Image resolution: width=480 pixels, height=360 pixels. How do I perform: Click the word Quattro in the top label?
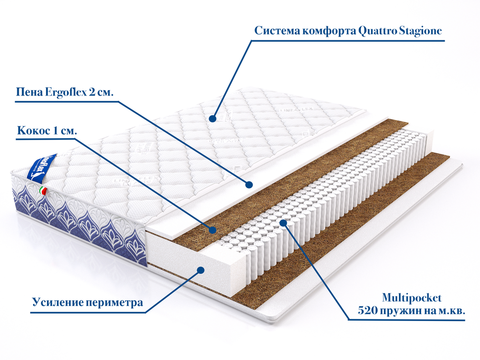377,31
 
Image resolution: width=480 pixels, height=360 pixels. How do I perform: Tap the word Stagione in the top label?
420,31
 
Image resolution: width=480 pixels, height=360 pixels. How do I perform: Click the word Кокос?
32,131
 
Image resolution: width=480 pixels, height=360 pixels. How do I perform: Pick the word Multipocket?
412,298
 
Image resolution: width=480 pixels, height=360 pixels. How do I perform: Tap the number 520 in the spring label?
367,310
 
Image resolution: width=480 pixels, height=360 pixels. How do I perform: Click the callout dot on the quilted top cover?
212,118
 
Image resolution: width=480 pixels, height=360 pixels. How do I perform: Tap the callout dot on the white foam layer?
249,185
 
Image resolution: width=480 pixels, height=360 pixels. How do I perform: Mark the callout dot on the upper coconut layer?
212,230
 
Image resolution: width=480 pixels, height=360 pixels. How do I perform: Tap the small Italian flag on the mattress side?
44,190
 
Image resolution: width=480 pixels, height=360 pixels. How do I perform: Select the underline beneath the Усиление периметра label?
84,312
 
